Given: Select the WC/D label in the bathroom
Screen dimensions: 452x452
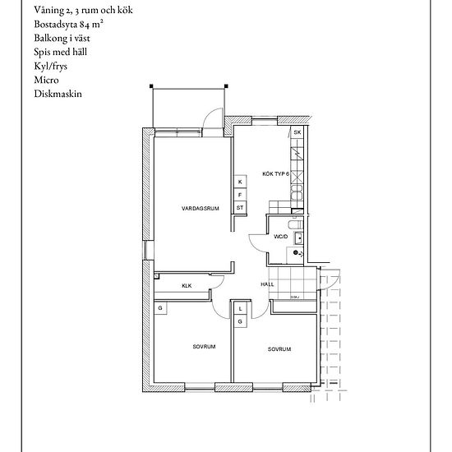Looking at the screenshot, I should click(x=280, y=237).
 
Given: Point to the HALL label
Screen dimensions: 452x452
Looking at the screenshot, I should click(x=266, y=284).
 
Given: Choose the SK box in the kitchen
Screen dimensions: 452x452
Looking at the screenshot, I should click(x=297, y=132).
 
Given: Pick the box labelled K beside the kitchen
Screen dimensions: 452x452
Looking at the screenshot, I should click(x=240, y=182).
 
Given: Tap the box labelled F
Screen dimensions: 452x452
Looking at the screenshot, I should click(x=240, y=195).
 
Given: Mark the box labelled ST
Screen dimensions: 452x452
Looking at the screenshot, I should click(x=240, y=208).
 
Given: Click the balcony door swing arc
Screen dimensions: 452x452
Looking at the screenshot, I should click(x=214, y=117).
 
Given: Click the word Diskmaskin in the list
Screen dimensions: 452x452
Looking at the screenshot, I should click(x=58, y=94).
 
